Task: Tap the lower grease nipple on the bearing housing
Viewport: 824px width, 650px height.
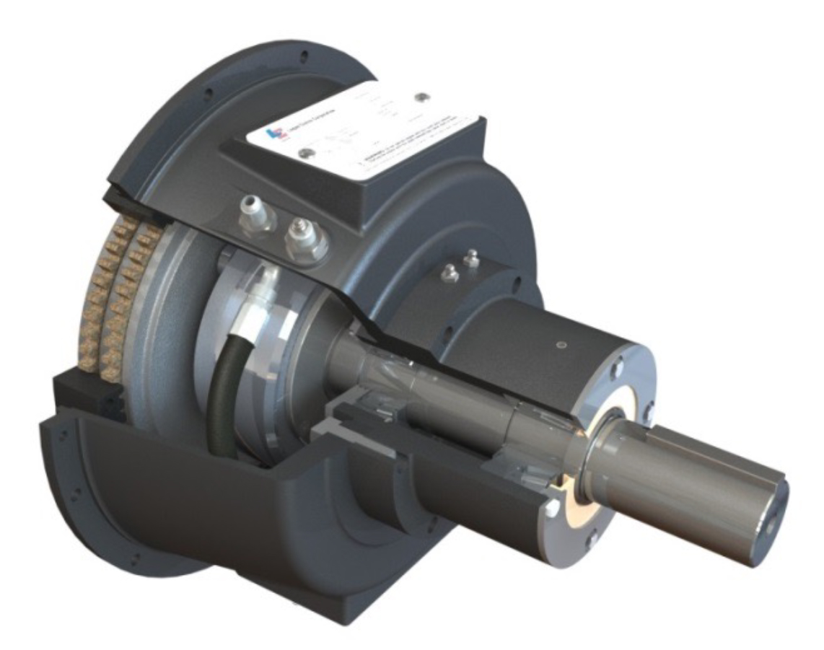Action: click(x=450, y=273)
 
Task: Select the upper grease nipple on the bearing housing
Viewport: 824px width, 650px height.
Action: click(x=472, y=258)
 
